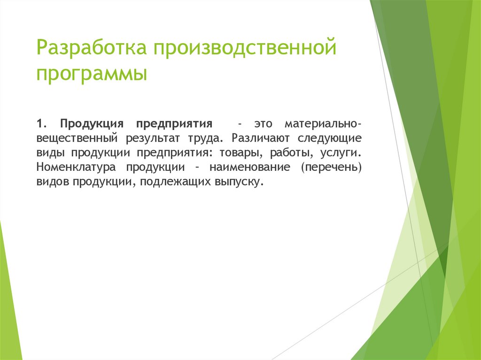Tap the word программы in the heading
click(x=92, y=75)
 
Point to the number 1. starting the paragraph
click(x=42, y=124)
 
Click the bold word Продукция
click(x=92, y=124)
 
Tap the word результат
click(x=153, y=139)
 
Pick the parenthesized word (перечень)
click(x=331, y=168)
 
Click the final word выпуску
click(x=239, y=182)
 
